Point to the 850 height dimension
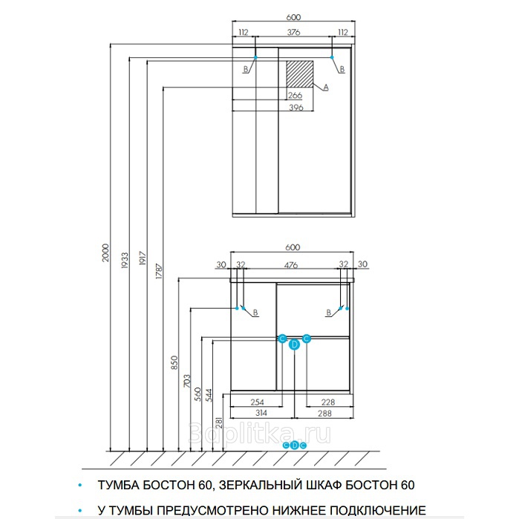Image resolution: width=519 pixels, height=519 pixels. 174,362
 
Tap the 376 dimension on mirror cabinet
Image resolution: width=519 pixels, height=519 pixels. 293,32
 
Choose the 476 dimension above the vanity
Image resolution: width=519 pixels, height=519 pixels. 291,264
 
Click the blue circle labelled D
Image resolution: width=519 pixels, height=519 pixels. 294,344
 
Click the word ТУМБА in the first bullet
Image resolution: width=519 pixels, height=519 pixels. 117,485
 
